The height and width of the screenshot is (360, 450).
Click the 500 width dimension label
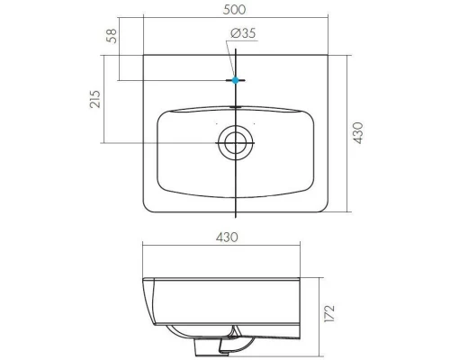point(234,10)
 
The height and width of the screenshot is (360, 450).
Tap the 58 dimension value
point(112,36)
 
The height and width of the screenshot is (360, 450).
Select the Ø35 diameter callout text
point(243,33)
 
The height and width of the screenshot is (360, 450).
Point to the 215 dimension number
point(95,99)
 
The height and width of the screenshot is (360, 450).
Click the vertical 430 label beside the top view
point(358,133)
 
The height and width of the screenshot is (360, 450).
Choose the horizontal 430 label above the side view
point(227,238)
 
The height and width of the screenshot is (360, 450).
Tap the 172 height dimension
point(329,314)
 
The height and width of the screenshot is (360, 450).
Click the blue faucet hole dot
point(236,80)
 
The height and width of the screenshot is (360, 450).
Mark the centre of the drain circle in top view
point(236,143)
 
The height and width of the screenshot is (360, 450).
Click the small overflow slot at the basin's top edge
point(236,106)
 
